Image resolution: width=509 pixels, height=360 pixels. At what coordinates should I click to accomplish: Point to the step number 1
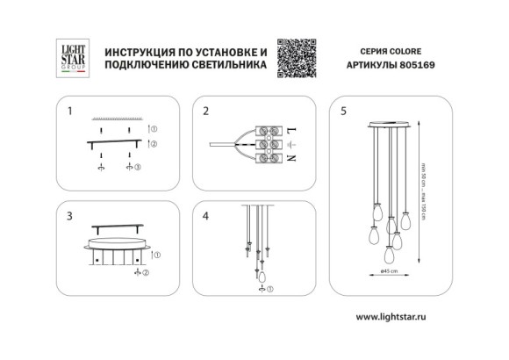pos(70,112)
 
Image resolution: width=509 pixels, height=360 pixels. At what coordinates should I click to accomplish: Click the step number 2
pos(205,112)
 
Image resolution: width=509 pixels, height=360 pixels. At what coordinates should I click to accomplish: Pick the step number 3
pos(70,215)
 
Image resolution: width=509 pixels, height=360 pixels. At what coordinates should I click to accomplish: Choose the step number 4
pos(205,215)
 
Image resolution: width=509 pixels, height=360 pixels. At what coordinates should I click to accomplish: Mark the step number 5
pos(344,112)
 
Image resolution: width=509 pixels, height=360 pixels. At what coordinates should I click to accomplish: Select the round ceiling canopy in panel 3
pos(117,238)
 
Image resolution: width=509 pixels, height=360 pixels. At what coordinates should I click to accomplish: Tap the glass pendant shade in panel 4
pos(261,277)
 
